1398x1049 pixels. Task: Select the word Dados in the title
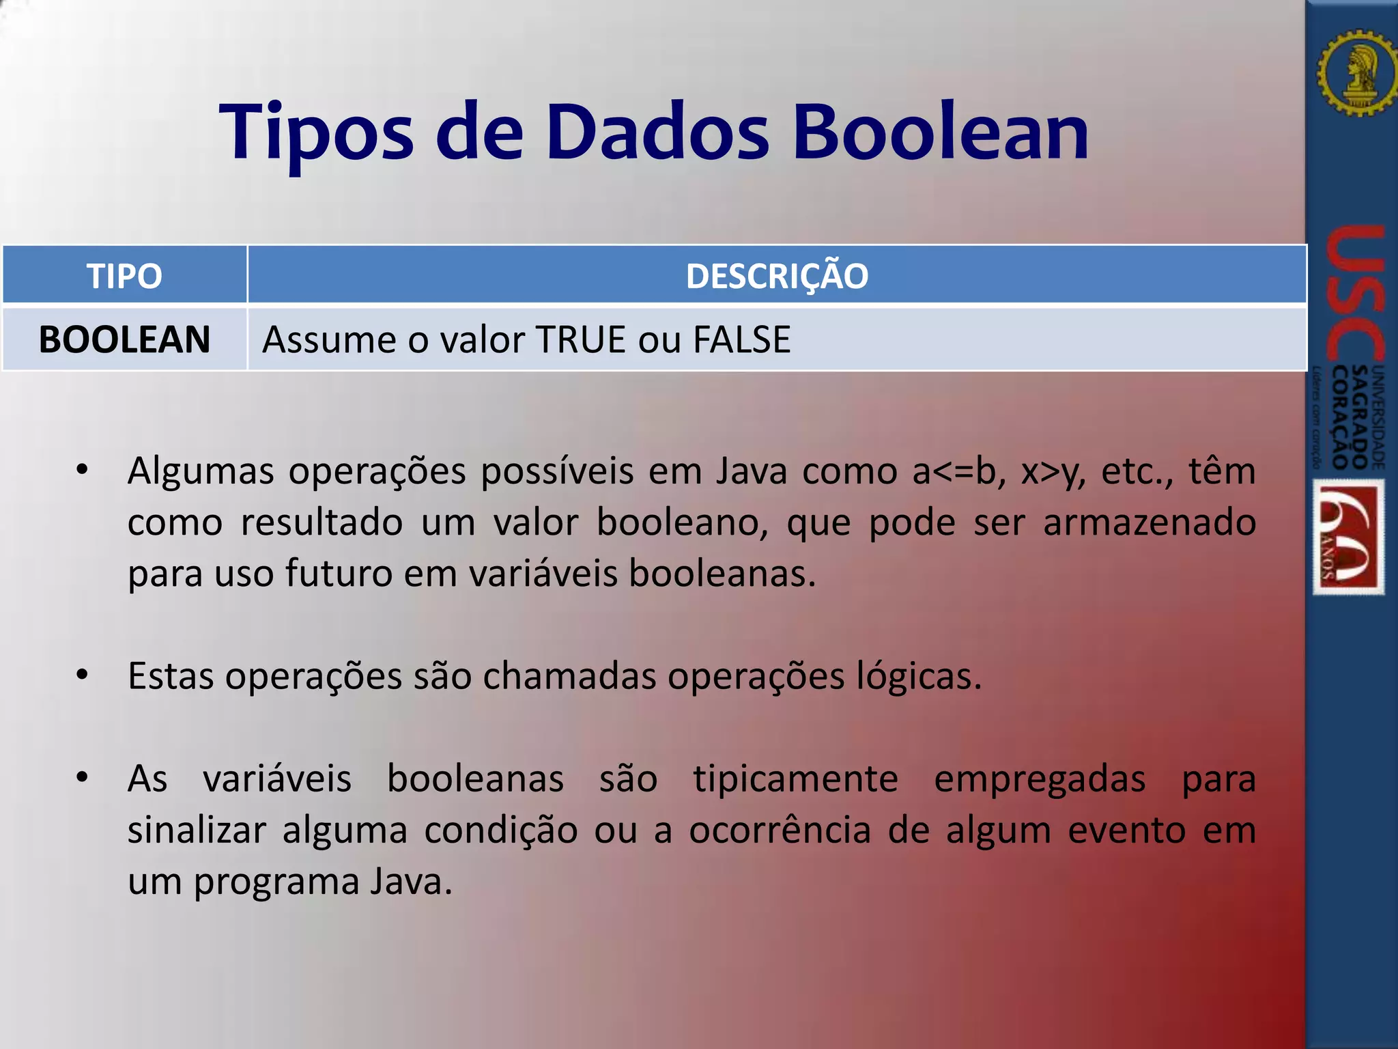click(x=657, y=132)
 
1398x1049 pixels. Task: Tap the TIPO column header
click(x=124, y=276)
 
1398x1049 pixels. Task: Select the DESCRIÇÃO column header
click(x=777, y=276)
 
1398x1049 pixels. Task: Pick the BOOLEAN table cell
click(x=124, y=339)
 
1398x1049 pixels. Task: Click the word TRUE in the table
click(x=580, y=339)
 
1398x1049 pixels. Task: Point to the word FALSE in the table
click(x=741, y=339)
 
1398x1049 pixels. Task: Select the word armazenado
click(x=1149, y=523)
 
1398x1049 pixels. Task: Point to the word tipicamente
click(x=795, y=779)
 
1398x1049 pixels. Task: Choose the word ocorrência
click(x=780, y=830)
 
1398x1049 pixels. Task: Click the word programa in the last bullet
click(x=276, y=882)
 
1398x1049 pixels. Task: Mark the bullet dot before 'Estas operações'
click(x=83, y=675)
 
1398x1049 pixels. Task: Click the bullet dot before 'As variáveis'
click(x=83, y=777)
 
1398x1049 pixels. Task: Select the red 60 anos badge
click(x=1348, y=537)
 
